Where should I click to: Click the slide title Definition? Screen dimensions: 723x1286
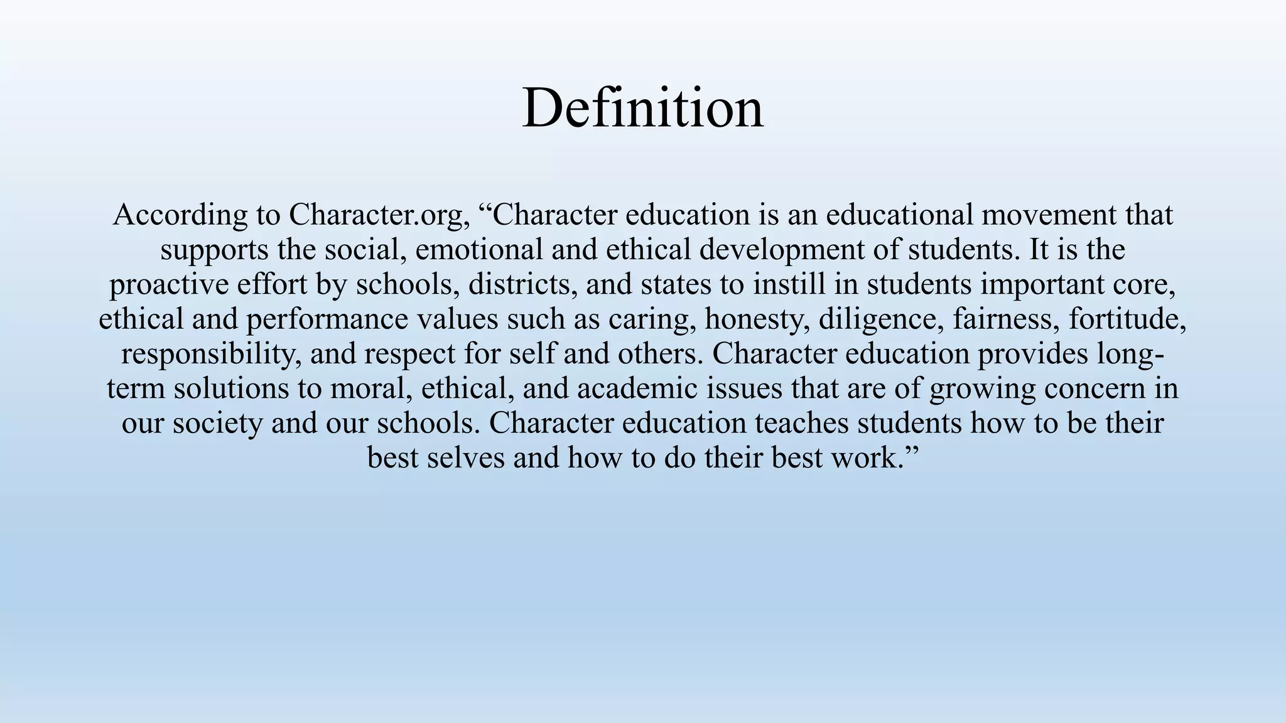(642, 108)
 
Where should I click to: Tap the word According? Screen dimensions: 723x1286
(180, 216)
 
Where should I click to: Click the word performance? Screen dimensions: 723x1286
(327, 319)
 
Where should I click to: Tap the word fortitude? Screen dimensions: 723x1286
(1128, 319)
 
